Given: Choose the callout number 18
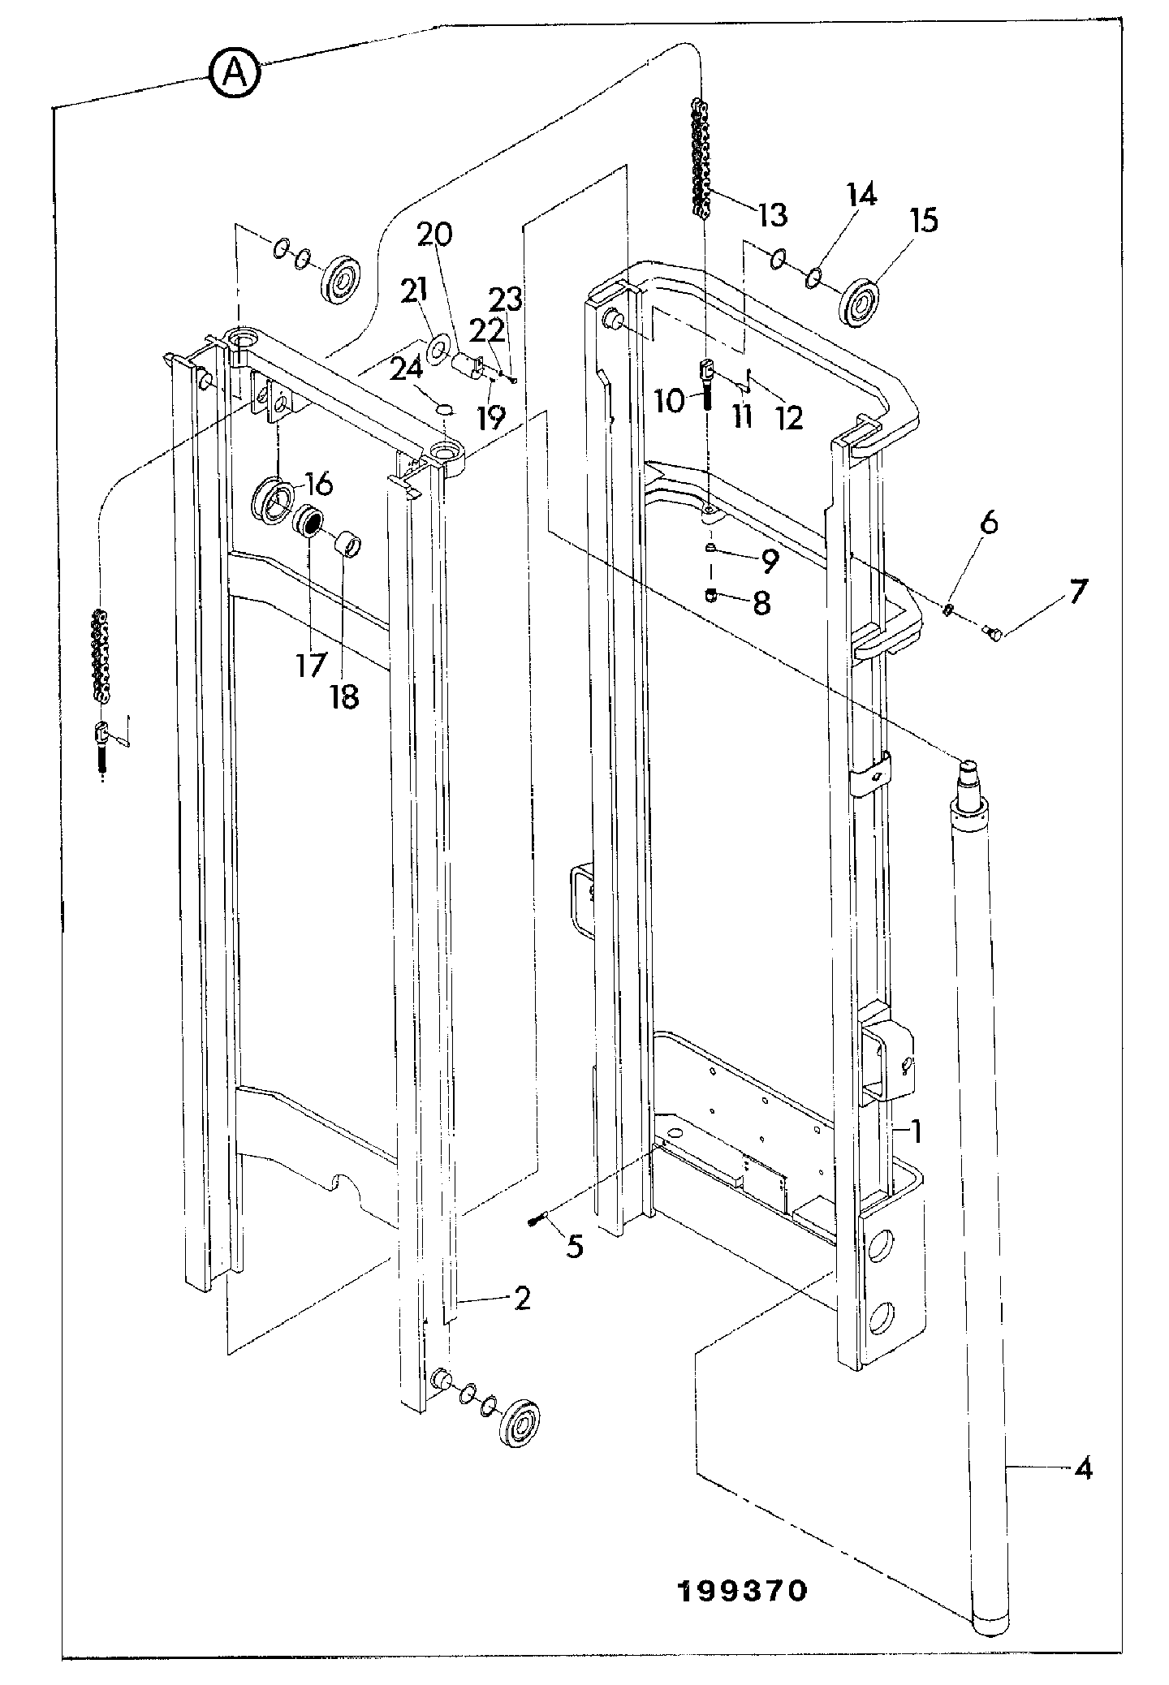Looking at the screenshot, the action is [x=344, y=696].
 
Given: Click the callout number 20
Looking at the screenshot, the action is [x=435, y=234].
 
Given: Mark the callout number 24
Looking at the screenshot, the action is [x=407, y=369].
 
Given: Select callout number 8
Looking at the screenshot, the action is [x=761, y=603].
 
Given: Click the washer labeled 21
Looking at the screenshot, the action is [x=437, y=351].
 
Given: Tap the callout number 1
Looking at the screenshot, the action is [x=916, y=1131].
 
